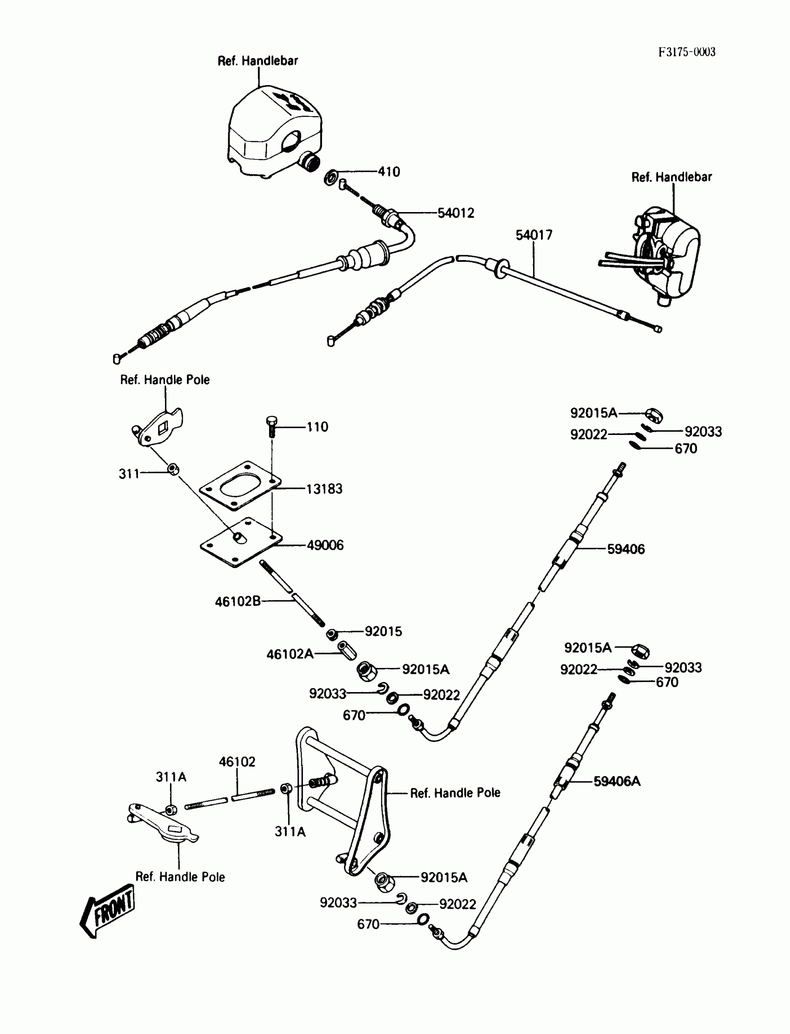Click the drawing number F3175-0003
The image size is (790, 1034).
tap(686, 52)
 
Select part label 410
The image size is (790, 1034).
tap(389, 172)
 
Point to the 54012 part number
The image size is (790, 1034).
tap(456, 213)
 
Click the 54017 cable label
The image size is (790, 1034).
tap(534, 235)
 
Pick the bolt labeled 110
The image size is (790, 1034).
tap(271, 426)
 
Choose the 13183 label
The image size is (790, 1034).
tap(324, 489)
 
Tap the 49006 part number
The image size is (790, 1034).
tap(325, 545)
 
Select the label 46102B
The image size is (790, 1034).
tap(237, 601)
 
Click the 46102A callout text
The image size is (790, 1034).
tap(290, 654)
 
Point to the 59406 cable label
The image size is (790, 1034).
tap(625, 549)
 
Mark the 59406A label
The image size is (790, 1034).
tap(617, 781)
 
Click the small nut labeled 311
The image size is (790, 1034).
tap(173, 469)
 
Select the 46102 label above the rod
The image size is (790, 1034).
tap(237, 762)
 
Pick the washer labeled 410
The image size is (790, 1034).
tap(330, 178)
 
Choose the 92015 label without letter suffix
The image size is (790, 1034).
tap(383, 632)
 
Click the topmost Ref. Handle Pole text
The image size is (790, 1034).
tap(165, 380)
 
